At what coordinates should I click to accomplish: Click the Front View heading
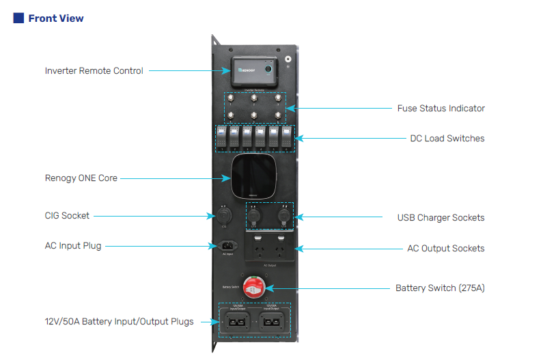(x=56, y=18)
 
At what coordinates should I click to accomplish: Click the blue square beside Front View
(x=18, y=18)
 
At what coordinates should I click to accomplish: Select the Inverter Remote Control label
(x=94, y=70)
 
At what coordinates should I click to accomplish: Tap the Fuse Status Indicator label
(x=441, y=108)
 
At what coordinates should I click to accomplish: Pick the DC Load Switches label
(x=447, y=138)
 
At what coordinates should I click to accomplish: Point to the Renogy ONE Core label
(x=81, y=178)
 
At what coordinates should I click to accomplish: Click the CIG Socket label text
(x=67, y=216)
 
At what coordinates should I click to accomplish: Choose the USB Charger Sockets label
(x=441, y=217)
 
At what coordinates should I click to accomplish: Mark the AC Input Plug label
(x=73, y=245)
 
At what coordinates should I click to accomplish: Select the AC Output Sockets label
(x=445, y=248)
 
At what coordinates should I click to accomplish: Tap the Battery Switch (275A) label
(x=440, y=288)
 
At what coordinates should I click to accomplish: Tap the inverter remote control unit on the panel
(x=254, y=70)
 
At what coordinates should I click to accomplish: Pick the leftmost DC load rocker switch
(x=222, y=137)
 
